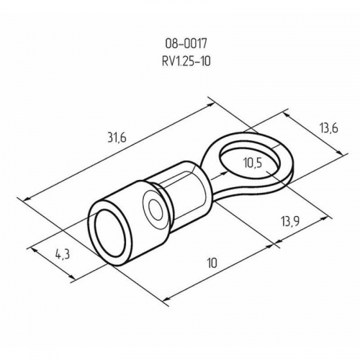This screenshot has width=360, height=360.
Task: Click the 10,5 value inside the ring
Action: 253,163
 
